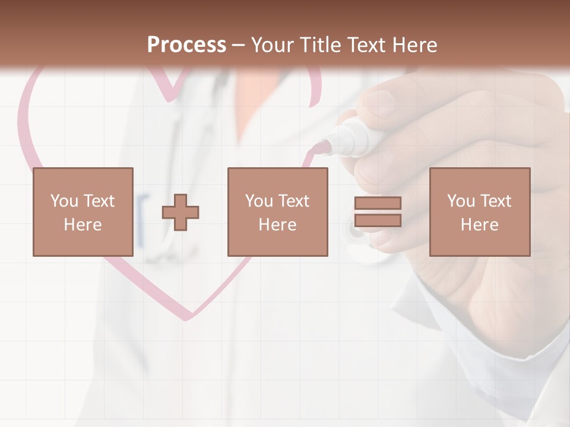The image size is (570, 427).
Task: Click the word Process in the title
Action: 186,45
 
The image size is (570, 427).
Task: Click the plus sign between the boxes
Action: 180,212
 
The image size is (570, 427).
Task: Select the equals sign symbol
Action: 378,212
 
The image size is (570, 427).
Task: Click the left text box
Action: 83,212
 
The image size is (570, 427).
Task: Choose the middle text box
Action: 277,212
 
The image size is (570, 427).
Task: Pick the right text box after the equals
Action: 479,212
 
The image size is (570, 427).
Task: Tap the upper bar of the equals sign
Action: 378,203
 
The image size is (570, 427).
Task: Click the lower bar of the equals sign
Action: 378,220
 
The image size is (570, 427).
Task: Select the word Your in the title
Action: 271,45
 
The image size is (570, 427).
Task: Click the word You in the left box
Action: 64,201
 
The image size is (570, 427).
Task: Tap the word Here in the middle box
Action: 277,225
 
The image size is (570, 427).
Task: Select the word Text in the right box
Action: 496,201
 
